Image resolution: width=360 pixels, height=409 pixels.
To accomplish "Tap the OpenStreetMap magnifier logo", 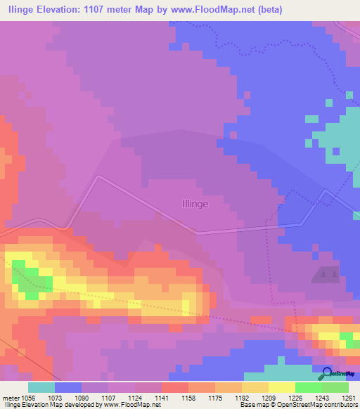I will coord(327,373).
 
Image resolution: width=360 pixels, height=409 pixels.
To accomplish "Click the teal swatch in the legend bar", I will coord(41,387).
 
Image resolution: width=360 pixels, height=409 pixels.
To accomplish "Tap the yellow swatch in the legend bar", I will coord(281,387).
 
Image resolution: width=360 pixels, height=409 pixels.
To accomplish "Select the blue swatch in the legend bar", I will coord(68,387).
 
